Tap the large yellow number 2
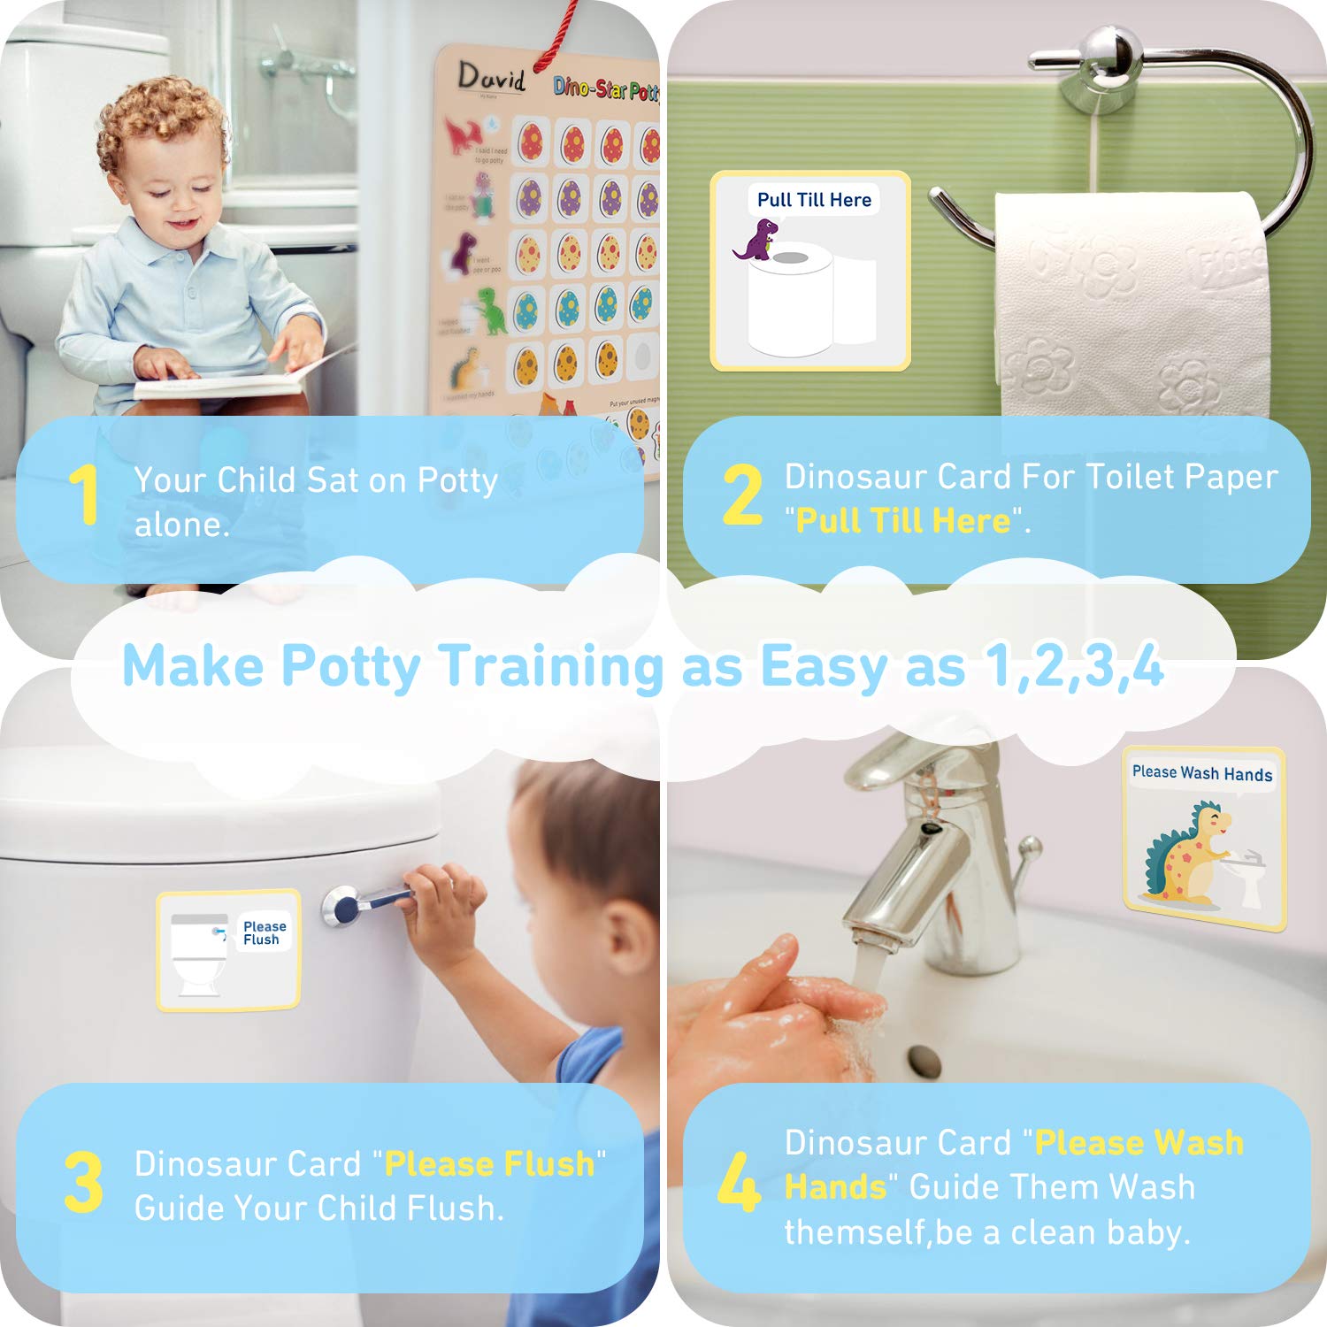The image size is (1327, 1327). (741, 495)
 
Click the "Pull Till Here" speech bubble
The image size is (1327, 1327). (814, 200)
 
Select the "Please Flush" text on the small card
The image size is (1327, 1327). (265, 932)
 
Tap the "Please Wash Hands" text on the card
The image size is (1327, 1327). (1201, 773)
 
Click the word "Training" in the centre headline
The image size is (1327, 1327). (549, 665)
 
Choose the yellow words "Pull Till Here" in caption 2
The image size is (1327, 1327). (902, 521)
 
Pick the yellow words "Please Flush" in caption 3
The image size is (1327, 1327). (489, 1163)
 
